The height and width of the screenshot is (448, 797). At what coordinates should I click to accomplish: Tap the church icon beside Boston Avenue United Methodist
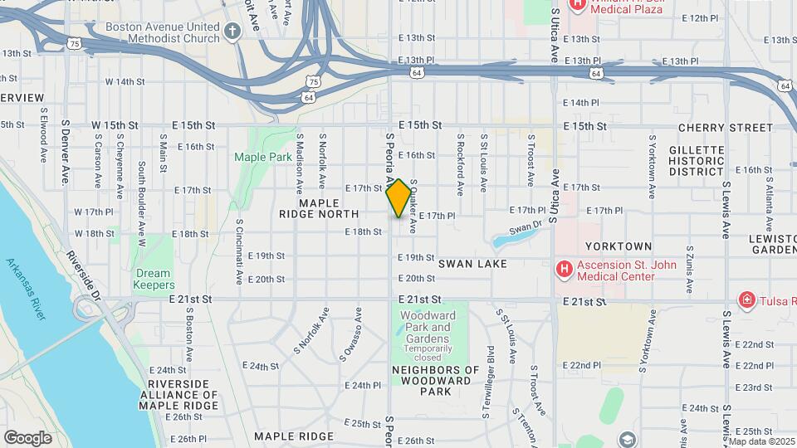tap(233, 32)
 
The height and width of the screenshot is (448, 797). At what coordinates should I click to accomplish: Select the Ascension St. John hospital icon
tap(564, 270)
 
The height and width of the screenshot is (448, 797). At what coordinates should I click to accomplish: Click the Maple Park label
tap(262, 156)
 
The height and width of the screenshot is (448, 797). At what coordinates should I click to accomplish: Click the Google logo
tap(27, 438)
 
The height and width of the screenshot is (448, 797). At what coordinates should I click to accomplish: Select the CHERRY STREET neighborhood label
tap(725, 128)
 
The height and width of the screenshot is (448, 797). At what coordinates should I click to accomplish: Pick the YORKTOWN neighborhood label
tap(619, 246)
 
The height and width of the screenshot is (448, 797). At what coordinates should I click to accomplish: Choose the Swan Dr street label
tap(525, 226)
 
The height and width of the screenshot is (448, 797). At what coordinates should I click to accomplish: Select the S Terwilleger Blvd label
tap(490, 368)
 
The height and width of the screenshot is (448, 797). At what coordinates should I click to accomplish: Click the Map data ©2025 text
tap(761, 441)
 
